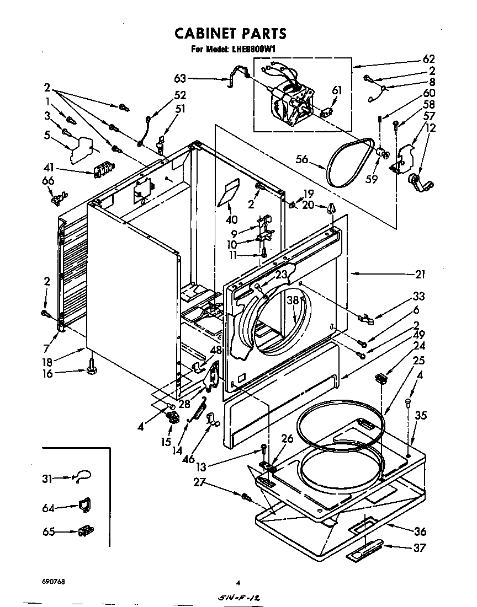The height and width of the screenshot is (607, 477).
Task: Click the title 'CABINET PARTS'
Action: tap(230, 34)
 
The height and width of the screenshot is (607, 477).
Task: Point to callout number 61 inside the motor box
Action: tap(337, 90)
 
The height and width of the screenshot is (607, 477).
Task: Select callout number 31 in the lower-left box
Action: tap(47, 479)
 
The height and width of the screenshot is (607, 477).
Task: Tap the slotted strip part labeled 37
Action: tap(364, 552)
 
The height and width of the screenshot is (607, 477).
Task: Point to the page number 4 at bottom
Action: tap(238, 582)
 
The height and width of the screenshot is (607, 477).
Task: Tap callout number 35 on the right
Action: tap(421, 416)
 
